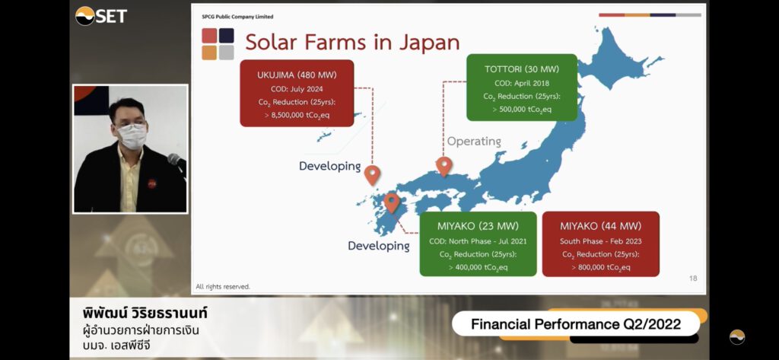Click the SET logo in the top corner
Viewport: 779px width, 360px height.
coord(101,16)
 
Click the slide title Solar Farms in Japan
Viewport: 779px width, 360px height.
coord(352,43)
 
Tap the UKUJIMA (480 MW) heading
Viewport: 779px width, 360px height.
coord(297,75)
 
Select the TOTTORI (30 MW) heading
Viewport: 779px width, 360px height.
coord(522,69)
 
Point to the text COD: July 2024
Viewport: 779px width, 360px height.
coord(297,90)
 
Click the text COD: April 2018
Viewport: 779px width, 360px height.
coord(522,83)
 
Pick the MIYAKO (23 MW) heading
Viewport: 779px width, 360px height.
coord(478,226)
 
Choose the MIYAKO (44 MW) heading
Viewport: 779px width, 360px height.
coord(601,226)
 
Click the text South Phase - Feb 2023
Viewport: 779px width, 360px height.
coord(601,241)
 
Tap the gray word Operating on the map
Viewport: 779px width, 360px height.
coord(474,142)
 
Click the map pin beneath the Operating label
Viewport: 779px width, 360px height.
coord(444,166)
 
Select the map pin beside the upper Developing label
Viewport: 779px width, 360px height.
coord(372,175)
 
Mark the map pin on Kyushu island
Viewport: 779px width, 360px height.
coord(392,203)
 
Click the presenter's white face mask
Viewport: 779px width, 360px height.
coord(132,135)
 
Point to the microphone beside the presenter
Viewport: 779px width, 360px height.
coord(176,161)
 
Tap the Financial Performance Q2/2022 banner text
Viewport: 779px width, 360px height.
coord(576,325)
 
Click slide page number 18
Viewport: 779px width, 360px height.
coord(693,279)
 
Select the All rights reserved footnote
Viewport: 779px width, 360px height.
coord(223,287)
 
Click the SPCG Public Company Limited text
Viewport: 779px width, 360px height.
coord(237,17)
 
